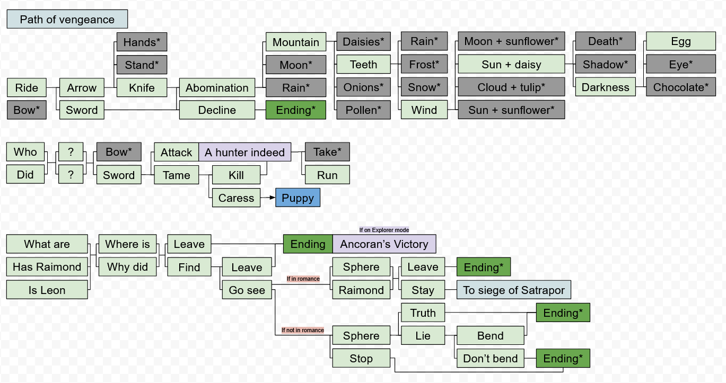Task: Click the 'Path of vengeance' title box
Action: click(x=67, y=20)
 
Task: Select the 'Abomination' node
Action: click(x=217, y=88)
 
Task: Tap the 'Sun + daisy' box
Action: click(x=511, y=65)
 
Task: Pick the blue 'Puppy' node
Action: click(x=298, y=198)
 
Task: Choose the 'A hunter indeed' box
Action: click(x=245, y=153)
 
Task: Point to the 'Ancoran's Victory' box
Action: click(x=384, y=244)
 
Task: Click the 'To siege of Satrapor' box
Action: click(x=513, y=290)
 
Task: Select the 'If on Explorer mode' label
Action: click(x=384, y=230)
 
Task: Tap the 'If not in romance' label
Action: click(x=302, y=330)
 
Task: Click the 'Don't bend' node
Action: click(x=491, y=359)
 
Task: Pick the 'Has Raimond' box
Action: click(x=47, y=267)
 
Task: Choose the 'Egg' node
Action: click(x=680, y=42)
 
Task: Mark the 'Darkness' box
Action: click(x=605, y=87)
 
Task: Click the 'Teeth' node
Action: click(x=363, y=65)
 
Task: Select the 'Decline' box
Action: click(x=217, y=110)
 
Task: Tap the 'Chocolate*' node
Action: click(x=680, y=87)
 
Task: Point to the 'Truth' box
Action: click(x=423, y=313)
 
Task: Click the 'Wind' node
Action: click(x=424, y=110)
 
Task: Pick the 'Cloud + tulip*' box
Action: click(x=511, y=87)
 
